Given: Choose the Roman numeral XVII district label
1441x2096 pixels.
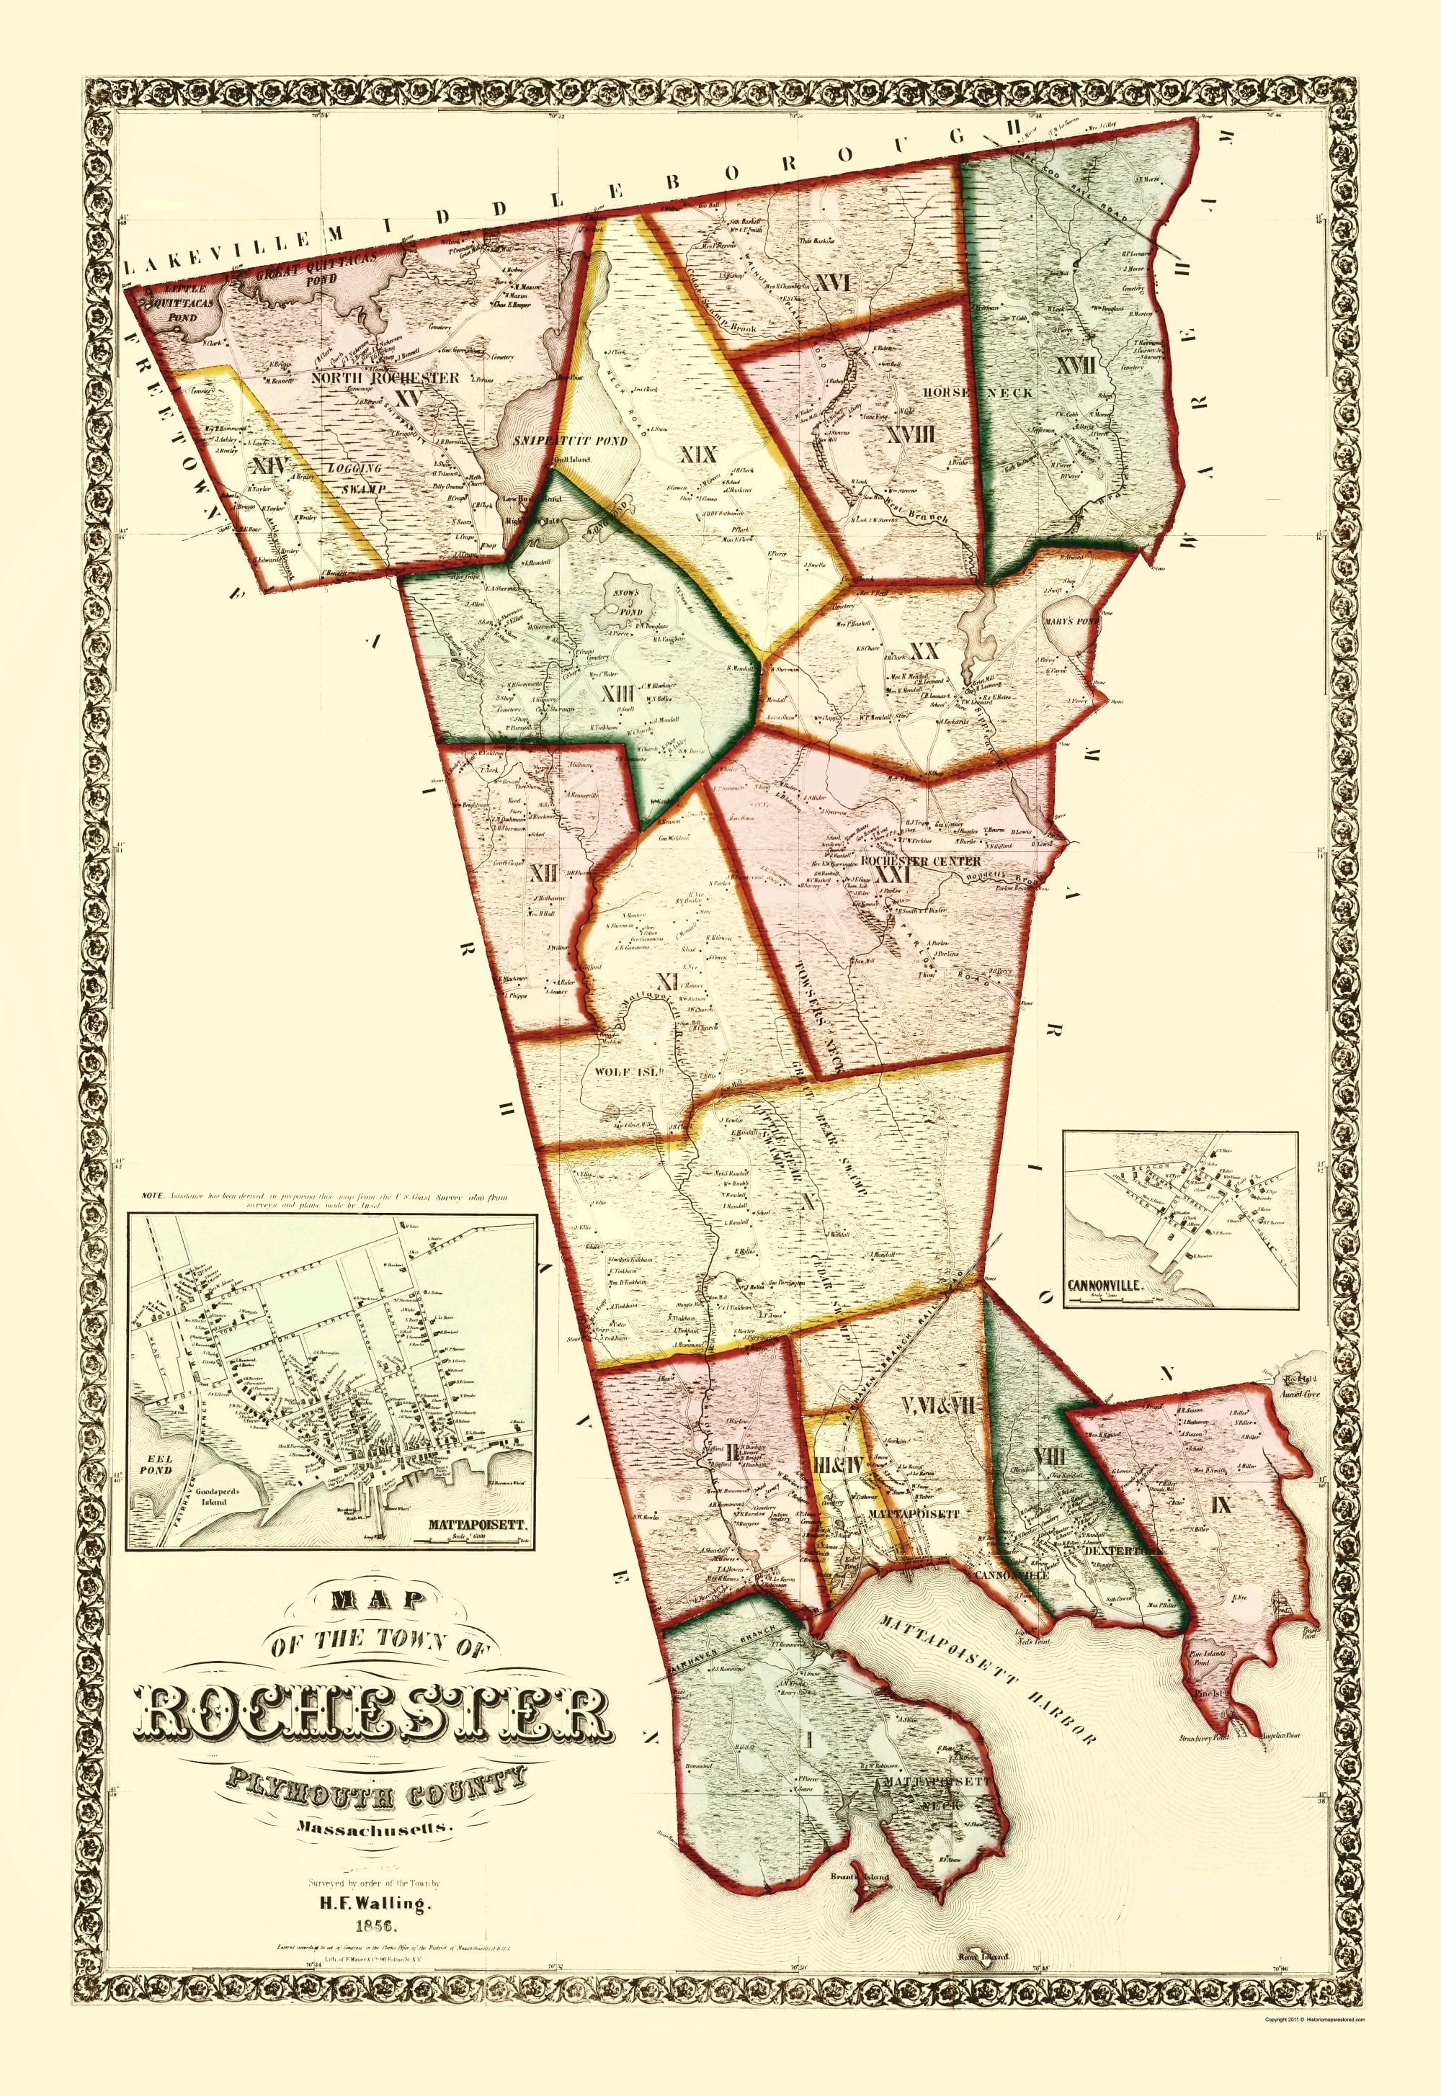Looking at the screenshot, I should [x=1078, y=367].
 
